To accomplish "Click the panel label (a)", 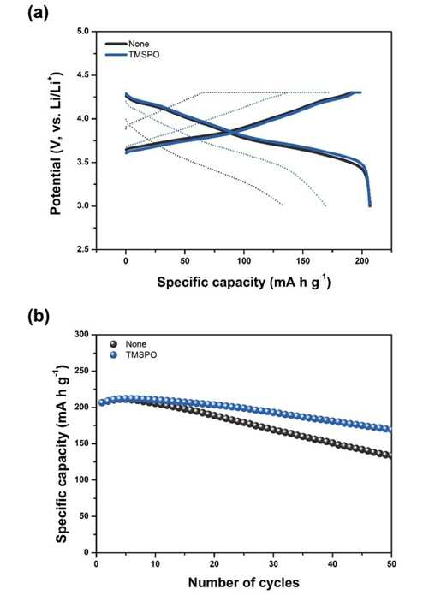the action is (x=39, y=14).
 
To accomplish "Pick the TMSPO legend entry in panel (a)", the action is (x=132, y=55).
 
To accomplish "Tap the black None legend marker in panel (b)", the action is (x=113, y=344).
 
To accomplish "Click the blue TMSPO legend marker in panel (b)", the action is (x=113, y=354).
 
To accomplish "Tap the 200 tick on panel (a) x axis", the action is (x=362, y=261).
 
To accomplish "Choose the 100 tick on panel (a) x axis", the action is (x=244, y=261).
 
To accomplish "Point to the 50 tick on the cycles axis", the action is (x=391, y=564).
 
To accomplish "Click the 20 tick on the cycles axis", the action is (x=214, y=564).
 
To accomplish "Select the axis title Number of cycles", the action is (x=244, y=582).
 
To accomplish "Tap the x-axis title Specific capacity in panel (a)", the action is (x=244, y=283).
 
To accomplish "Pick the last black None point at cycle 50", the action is (x=389, y=455).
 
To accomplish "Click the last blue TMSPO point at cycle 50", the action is (x=389, y=429).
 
